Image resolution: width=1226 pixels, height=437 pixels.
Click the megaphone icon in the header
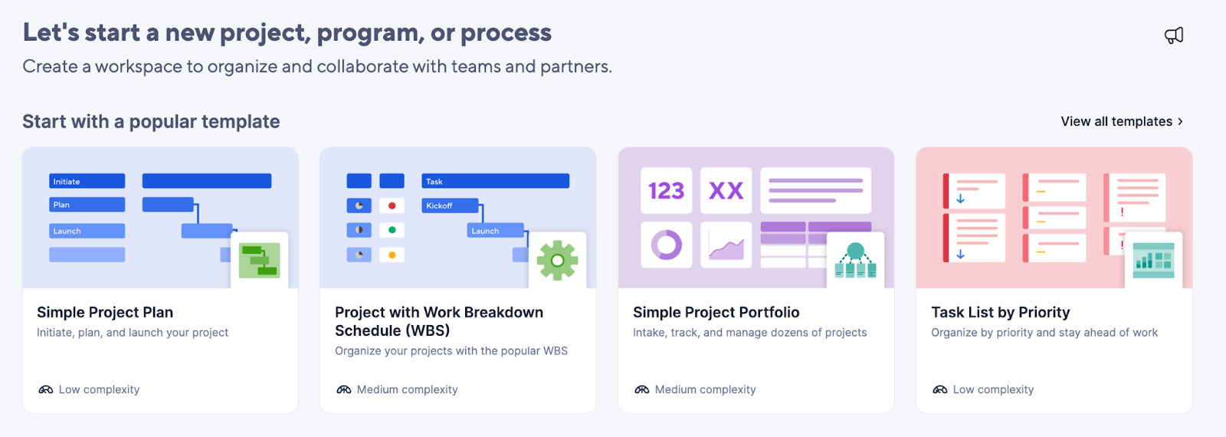[1173, 35]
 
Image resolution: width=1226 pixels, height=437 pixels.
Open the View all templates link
[1122, 122]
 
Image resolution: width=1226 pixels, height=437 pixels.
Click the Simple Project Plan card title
[105, 312]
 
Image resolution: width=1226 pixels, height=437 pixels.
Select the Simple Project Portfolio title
[716, 312]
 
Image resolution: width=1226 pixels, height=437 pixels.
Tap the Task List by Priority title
[1001, 312]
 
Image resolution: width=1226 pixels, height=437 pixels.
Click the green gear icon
[557, 261]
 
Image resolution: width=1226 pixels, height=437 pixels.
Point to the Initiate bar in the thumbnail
[87, 181]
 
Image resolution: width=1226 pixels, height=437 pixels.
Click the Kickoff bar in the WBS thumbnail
[450, 205]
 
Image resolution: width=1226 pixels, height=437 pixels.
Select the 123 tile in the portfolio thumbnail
[666, 191]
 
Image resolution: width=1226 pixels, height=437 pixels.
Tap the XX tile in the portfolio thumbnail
[726, 191]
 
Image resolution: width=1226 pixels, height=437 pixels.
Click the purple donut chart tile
[666, 245]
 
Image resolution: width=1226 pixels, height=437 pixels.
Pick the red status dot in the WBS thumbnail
[392, 206]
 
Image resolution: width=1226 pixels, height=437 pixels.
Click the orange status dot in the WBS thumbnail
[392, 255]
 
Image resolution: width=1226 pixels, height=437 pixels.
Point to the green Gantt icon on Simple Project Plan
[260, 261]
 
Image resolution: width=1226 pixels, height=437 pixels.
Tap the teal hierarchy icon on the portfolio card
[855, 260]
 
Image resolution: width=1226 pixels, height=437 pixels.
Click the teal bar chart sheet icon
[1154, 260]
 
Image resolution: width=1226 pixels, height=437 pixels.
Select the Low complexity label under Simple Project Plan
[99, 389]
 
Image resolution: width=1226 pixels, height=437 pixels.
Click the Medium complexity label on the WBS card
[407, 389]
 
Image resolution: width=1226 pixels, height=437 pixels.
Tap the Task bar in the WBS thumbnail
[495, 181]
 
